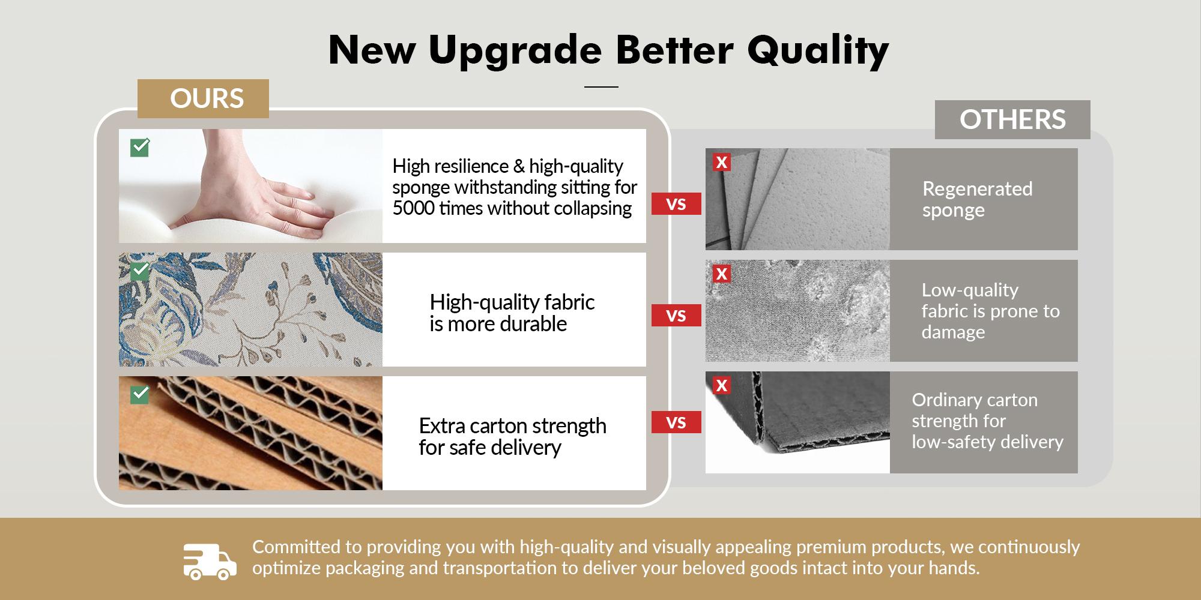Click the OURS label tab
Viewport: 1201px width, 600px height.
(203, 98)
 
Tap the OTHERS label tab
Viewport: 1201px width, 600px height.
(1012, 119)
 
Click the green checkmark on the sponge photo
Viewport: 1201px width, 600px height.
(140, 148)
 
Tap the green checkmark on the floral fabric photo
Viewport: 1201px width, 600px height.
(140, 271)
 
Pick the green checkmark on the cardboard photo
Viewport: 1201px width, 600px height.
(140, 394)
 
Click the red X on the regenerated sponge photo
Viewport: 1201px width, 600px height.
(722, 162)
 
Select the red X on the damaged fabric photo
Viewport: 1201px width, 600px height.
(722, 274)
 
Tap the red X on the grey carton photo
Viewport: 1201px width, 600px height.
(722, 385)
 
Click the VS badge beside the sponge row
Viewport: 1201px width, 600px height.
(676, 204)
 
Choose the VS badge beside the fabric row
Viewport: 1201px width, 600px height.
(676, 316)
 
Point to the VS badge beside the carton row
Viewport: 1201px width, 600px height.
(676, 422)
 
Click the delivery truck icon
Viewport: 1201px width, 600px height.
(210, 562)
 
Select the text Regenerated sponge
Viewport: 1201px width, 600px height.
(977, 200)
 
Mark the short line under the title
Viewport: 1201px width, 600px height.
(601, 87)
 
